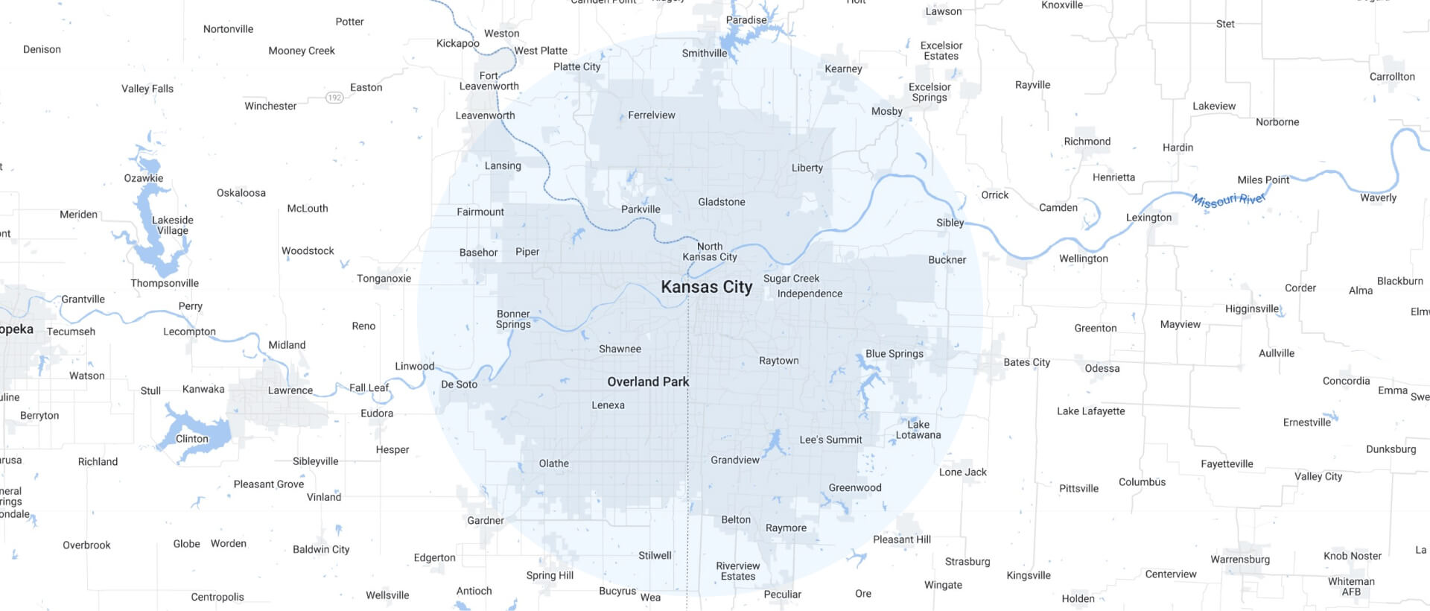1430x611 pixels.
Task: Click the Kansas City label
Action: click(706, 287)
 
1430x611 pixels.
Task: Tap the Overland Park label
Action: click(648, 382)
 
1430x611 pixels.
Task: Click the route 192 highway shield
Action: click(334, 98)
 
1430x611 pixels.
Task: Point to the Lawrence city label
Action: click(290, 390)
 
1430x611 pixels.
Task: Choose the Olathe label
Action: click(553, 463)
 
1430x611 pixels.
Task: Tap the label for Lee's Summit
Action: click(830, 440)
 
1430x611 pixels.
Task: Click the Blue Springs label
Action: click(894, 354)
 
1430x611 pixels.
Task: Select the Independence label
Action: click(810, 294)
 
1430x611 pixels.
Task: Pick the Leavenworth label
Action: click(485, 115)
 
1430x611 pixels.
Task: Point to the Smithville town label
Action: click(704, 54)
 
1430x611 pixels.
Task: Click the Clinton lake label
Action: click(191, 439)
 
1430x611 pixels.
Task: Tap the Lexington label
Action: click(1148, 218)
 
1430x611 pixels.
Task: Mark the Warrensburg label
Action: click(1240, 560)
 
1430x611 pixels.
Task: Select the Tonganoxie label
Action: click(384, 279)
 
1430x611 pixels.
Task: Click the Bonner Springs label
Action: click(513, 319)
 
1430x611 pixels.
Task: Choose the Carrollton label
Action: click(1391, 77)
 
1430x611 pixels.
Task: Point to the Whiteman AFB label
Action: click(1351, 586)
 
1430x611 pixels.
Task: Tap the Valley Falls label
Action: click(147, 89)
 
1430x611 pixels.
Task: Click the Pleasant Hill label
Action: click(901, 539)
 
